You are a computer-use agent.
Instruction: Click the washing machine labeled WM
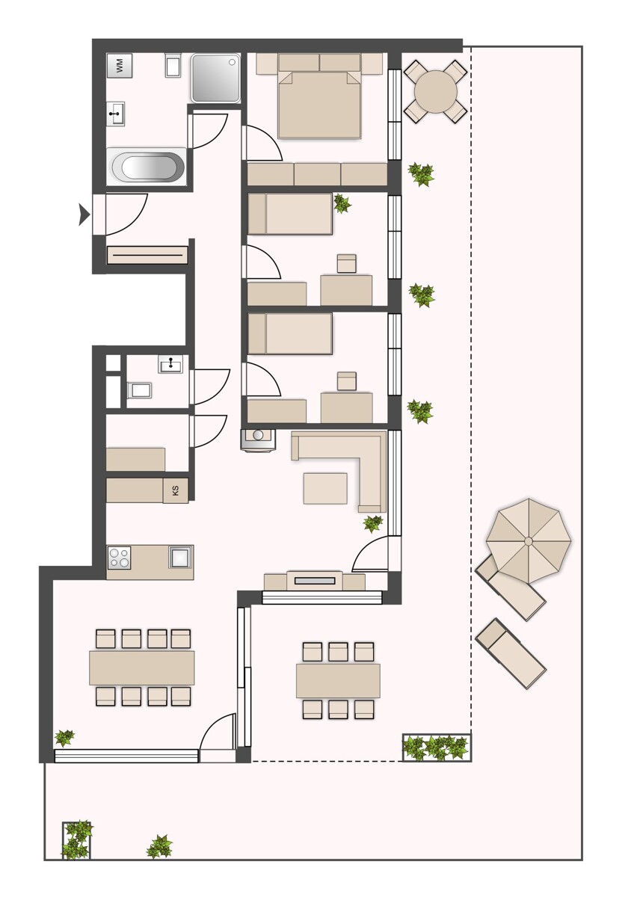120,66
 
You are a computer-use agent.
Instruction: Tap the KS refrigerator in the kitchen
175,490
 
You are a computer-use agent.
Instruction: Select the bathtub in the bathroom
147,167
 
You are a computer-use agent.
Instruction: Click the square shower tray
215,78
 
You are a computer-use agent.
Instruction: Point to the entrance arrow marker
84,215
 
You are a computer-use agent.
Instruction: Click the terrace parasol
529,541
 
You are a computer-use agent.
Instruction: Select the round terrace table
435,92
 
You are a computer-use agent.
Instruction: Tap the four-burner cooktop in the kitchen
120,558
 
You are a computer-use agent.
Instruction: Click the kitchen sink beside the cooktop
180,557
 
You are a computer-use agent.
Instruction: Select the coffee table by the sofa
325,488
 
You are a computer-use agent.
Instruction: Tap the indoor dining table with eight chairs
142,668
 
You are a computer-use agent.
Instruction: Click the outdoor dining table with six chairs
338,681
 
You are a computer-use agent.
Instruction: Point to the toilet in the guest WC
139,390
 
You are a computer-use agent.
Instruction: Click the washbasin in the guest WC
170,364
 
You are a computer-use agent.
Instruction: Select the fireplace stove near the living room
258,440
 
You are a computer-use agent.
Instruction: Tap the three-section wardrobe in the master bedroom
318,174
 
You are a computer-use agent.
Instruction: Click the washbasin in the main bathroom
116,114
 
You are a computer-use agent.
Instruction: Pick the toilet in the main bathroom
173,64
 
